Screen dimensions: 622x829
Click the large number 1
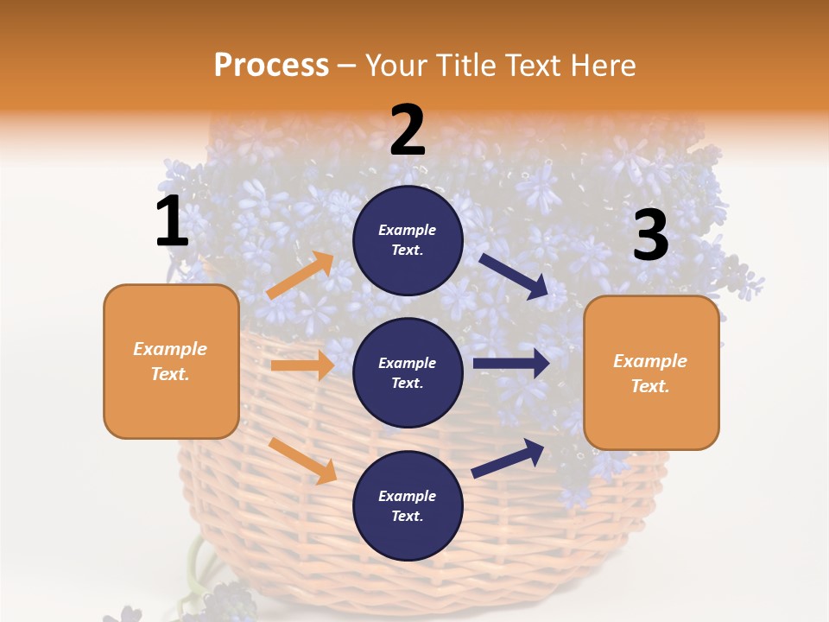pyautogui.click(x=172, y=222)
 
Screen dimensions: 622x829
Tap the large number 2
pyautogui.click(x=408, y=130)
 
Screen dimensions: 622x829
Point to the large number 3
pyautogui.click(x=650, y=236)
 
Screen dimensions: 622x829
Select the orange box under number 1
pyautogui.click(x=171, y=361)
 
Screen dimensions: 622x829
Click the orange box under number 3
pyautogui.click(x=651, y=372)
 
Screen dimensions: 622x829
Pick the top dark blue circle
pyautogui.click(x=408, y=240)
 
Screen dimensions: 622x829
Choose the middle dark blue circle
pyautogui.click(x=408, y=372)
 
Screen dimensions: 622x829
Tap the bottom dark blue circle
pyautogui.click(x=408, y=505)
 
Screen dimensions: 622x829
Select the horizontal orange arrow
pyautogui.click(x=302, y=365)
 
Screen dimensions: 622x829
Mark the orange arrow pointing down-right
pyautogui.click(x=302, y=460)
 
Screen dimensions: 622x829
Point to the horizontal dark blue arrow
pyautogui.click(x=511, y=364)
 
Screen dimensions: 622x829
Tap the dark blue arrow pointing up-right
pyautogui.click(x=509, y=458)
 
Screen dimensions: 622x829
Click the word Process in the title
pyautogui.click(x=271, y=65)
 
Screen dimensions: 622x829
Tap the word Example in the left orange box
pyautogui.click(x=170, y=349)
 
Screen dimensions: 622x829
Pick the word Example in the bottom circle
pyautogui.click(x=408, y=496)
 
